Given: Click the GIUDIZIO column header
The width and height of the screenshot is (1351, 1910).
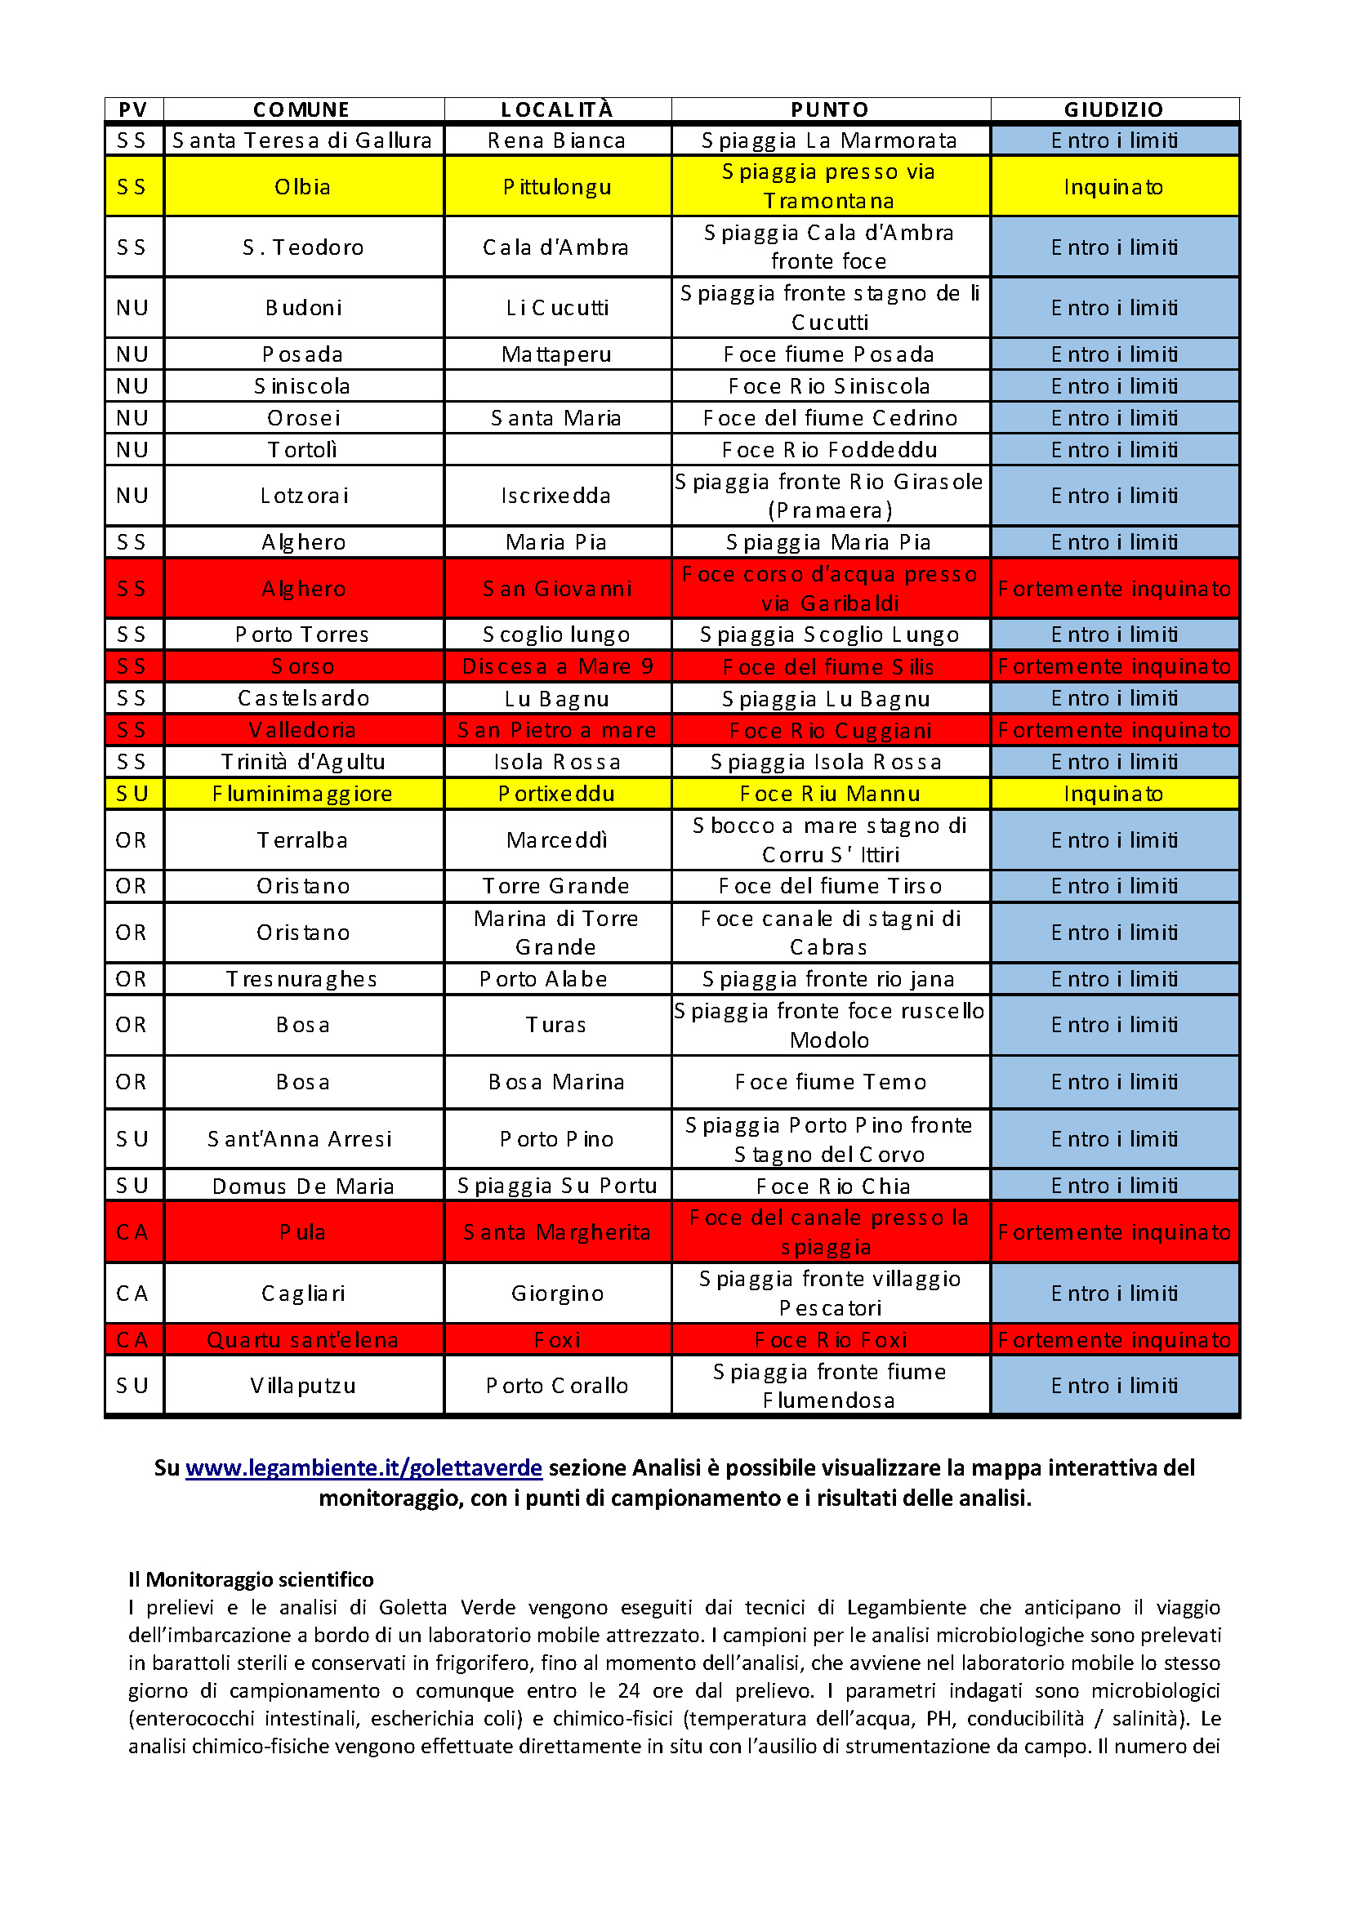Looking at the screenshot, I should (x=1113, y=109).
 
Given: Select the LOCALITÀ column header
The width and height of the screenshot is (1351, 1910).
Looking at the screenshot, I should (x=556, y=109).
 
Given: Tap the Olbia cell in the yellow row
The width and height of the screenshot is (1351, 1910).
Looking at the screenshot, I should (x=303, y=186).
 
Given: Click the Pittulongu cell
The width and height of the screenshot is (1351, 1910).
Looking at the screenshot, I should (x=556, y=186).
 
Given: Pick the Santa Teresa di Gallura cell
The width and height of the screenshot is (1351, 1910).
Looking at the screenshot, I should (x=303, y=140).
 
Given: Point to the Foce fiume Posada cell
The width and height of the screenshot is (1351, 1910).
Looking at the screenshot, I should (x=829, y=354).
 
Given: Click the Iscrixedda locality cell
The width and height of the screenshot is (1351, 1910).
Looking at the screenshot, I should (x=556, y=496).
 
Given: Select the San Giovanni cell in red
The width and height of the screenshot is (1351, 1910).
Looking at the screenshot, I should (x=556, y=589).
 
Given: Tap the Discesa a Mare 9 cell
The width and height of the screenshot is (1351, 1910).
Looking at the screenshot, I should (x=556, y=666).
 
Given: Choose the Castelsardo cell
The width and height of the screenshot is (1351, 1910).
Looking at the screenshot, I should (x=303, y=698).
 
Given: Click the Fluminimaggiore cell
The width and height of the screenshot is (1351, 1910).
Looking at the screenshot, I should (x=303, y=794).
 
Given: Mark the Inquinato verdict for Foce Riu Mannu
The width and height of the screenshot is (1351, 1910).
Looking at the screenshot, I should (x=1113, y=794).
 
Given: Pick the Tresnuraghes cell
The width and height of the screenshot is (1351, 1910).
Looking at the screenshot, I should (x=303, y=979).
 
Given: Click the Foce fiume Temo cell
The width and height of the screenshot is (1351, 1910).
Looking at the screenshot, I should (x=829, y=1082).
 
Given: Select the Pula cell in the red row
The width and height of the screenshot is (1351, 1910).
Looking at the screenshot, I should (x=303, y=1232).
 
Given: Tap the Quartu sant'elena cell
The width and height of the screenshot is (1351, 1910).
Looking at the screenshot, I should (x=303, y=1340).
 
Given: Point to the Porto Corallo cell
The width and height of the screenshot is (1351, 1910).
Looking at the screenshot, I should (x=556, y=1386).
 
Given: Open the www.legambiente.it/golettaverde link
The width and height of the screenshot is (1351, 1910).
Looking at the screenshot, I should (x=363, y=1468).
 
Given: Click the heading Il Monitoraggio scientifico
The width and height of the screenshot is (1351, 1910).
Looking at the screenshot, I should (x=251, y=1580).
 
